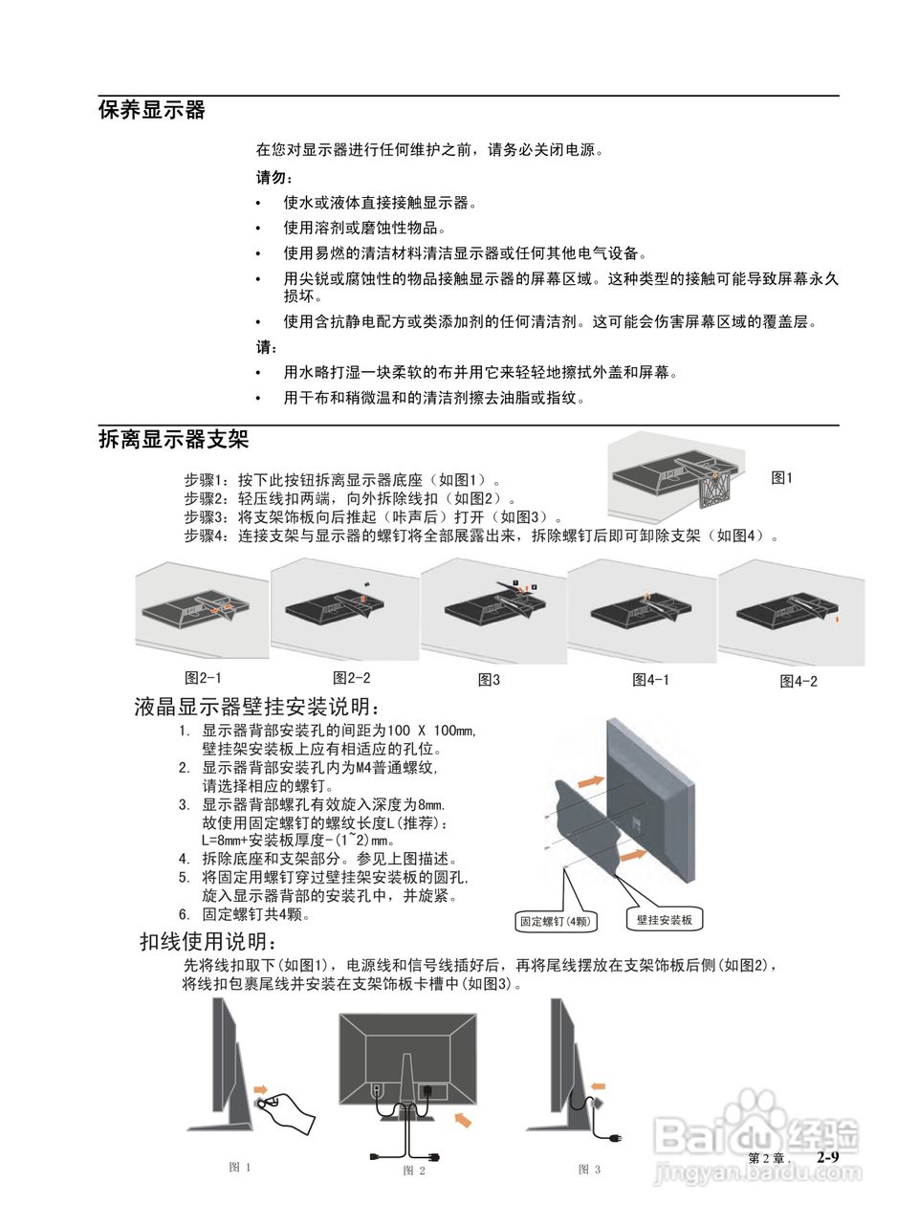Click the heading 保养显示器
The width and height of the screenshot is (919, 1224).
pos(152,110)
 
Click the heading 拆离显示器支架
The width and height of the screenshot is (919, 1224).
pos(173,440)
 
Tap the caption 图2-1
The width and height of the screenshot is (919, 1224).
pos(203,678)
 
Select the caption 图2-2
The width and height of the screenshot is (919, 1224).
pos(351,678)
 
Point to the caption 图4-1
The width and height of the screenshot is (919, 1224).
pos(650,680)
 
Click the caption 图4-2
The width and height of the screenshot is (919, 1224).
pos(799,681)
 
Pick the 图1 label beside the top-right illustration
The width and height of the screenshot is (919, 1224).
pos(781,478)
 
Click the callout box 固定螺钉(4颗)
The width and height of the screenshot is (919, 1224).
pos(555,922)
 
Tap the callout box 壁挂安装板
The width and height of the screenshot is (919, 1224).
pos(665,920)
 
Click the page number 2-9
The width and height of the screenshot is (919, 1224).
pos(827,1157)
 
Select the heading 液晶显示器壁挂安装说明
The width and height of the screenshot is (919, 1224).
pos(257,708)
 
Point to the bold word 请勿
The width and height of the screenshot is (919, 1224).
pos(273,177)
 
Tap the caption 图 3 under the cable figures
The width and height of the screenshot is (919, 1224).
pos(589,1169)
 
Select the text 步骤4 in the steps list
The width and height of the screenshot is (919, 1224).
pos(208,535)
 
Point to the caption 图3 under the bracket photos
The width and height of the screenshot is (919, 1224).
pos(489,680)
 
